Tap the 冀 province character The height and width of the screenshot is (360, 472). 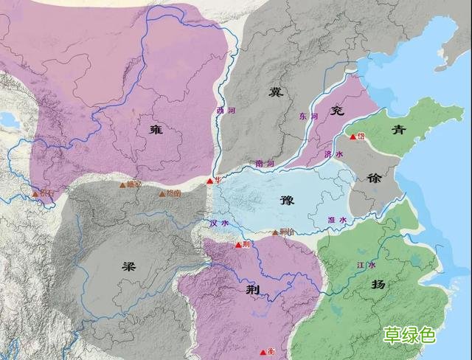click(276, 93)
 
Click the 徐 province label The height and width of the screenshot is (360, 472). click(371, 178)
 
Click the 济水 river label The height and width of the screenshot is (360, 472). click(333, 155)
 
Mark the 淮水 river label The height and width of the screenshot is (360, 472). click(336, 220)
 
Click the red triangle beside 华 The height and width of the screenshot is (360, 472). click(209, 181)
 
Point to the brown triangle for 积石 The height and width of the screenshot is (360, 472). click(35, 194)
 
